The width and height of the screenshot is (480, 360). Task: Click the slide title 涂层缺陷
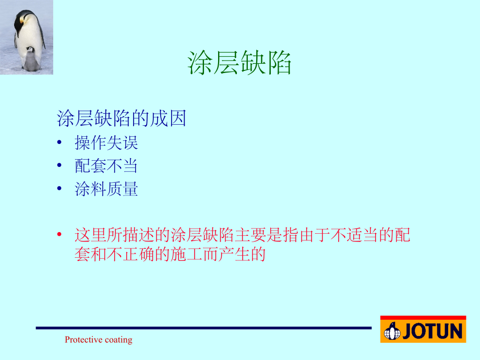[x=239, y=64]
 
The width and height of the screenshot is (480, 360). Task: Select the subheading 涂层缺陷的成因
[x=121, y=118]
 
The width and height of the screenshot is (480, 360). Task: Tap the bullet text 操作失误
[x=106, y=142]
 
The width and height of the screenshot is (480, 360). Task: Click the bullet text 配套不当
[x=106, y=166]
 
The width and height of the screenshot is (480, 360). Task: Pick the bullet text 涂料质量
[x=106, y=189]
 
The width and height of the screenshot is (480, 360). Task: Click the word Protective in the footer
[x=83, y=340]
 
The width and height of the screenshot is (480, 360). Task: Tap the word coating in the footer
[x=118, y=340]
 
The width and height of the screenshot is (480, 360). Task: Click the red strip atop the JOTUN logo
[x=423, y=318]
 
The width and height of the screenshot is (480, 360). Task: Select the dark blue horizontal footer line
[x=203, y=328]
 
